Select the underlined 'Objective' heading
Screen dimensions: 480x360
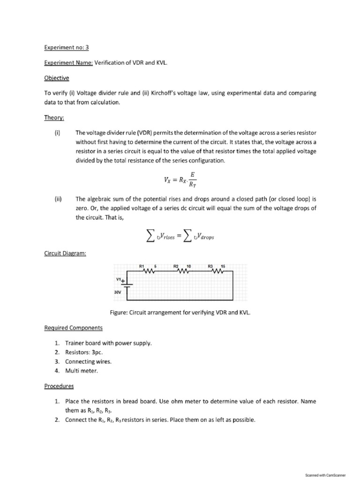(57, 78)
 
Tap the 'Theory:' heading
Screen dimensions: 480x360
(54, 119)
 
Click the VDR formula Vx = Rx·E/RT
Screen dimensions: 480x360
(180, 179)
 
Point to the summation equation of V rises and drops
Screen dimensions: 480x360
(180, 236)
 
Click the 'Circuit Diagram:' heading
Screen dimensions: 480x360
(65, 254)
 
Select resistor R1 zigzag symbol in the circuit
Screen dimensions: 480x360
(149, 270)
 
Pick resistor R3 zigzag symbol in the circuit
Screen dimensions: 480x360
(217, 270)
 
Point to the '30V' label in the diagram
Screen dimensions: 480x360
(118, 292)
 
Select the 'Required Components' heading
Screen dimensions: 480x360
(74, 328)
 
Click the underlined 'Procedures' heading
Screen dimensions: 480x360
(59, 386)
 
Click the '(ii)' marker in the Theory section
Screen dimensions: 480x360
(58, 199)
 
